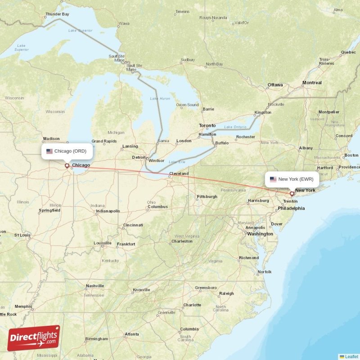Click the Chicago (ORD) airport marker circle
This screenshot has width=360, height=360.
[x=67, y=166]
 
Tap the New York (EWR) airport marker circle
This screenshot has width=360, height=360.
[x=292, y=194]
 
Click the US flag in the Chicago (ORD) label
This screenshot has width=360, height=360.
[x=49, y=151]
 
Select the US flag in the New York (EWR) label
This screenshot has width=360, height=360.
[x=273, y=179]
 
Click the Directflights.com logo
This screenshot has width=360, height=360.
[x=34, y=338]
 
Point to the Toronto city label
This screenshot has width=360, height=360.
[x=207, y=126]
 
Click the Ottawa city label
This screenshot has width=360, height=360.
[x=275, y=85]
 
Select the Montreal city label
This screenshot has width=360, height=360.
[x=312, y=83]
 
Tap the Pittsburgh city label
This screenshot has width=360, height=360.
[x=207, y=197]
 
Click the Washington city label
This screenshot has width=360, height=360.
[x=260, y=234]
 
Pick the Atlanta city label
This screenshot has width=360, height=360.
[x=132, y=334]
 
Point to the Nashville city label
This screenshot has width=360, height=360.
[x=95, y=286]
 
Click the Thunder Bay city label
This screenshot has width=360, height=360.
[x=58, y=14]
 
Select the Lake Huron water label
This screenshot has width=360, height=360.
[x=160, y=99]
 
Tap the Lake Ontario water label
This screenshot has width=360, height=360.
[x=235, y=127]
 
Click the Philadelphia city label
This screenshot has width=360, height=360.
[x=291, y=208]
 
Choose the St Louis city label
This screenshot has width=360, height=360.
[x=22, y=235]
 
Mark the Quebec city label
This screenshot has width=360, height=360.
[x=348, y=52]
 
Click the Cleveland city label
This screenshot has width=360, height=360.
[x=179, y=173]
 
